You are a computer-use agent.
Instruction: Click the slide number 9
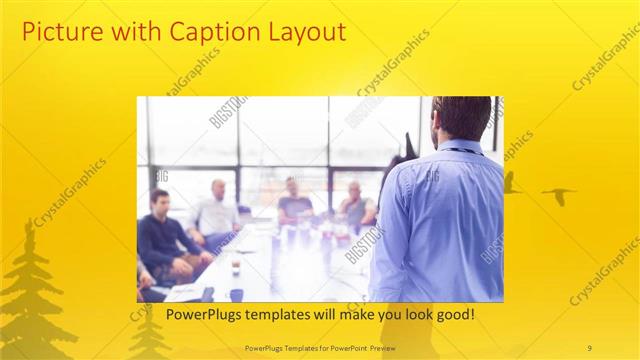coord(590,347)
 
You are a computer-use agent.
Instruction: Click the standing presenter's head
coord(460,117)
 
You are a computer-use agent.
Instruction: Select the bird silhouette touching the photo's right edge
coord(510,183)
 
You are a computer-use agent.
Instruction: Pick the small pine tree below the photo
coord(150,335)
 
